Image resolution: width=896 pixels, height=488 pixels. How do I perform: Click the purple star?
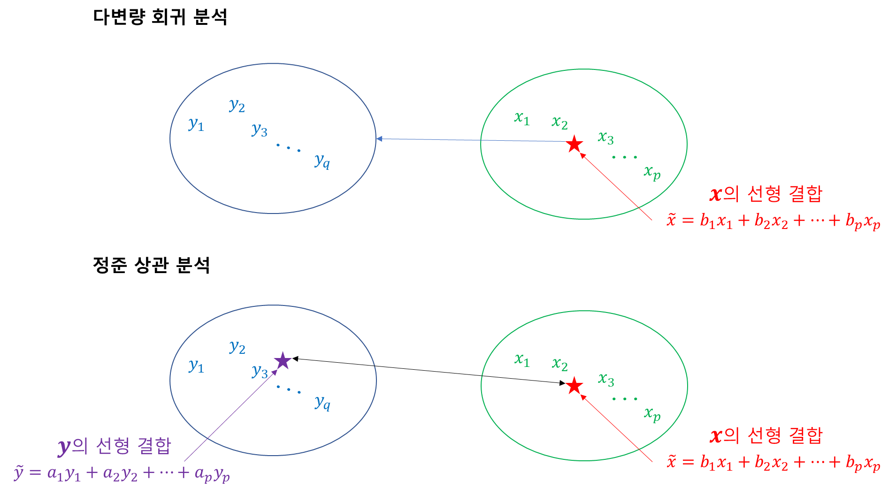pyautogui.click(x=283, y=361)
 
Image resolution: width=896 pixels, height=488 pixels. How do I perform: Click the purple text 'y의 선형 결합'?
pyautogui.click(x=115, y=446)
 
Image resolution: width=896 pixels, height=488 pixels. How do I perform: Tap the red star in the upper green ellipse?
pyautogui.click(x=574, y=144)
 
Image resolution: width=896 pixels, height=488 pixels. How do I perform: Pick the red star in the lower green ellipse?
pyautogui.click(x=574, y=386)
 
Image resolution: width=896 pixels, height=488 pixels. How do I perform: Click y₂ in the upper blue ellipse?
pyautogui.click(x=237, y=106)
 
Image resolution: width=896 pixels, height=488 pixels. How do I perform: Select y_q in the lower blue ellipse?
pyautogui.click(x=322, y=403)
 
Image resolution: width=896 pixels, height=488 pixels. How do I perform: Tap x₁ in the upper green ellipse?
pyautogui.click(x=522, y=118)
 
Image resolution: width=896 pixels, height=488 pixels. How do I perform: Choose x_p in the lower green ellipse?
pyautogui.click(x=652, y=414)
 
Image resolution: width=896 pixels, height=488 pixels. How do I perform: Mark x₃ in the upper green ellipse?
pyautogui.click(x=605, y=137)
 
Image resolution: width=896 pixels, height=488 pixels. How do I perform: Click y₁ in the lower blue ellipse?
pyautogui.click(x=196, y=366)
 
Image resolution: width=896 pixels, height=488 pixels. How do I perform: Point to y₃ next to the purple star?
pyautogui.click(x=260, y=372)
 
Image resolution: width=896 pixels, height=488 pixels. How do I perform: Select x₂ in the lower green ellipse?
pyautogui.click(x=559, y=364)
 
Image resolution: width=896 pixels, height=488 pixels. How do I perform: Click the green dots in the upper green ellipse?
pyautogui.click(x=625, y=157)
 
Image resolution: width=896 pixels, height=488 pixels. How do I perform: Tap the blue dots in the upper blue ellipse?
pyautogui.click(x=288, y=148)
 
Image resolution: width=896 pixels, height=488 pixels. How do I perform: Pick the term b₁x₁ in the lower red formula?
pyautogui.click(x=716, y=463)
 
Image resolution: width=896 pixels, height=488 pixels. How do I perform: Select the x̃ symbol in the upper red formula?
pyautogui.click(x=672, y=220)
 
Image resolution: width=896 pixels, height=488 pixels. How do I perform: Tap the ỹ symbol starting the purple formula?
pyautogui.click(x=19, y=473)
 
